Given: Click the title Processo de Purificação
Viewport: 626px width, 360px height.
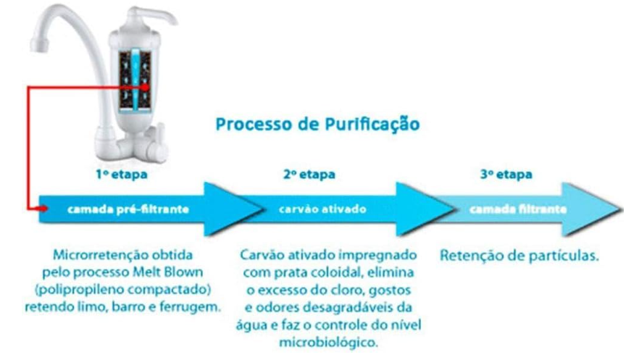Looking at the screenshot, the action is [x=317, y=124].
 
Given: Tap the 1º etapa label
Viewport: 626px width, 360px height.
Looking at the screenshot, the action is [x=122, y=175].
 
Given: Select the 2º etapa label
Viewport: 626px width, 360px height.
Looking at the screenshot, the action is [x=309, y=175].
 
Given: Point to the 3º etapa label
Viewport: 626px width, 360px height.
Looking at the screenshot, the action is [x=506, y=175].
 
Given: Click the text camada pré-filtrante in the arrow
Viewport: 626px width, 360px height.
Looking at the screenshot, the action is [x=128, y=209].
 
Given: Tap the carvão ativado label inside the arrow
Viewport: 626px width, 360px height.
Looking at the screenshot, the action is [x=322, y=209].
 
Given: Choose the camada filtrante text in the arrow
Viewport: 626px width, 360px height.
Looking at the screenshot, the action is [x=518, y=209].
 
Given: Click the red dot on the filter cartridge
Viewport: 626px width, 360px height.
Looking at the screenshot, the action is [x=144, y=87].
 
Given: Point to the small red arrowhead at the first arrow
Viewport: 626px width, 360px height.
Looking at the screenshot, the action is [x=43, y=209].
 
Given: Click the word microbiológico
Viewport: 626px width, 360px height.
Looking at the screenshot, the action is [x=327, y=343].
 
